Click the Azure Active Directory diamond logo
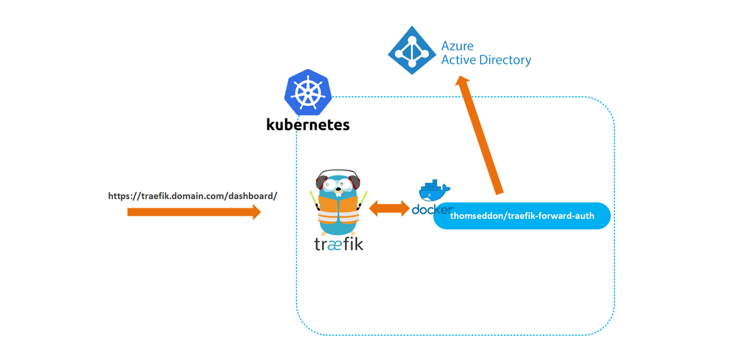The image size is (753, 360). point(411,51)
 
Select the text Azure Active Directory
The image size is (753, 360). point(486,53)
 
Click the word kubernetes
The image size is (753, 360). point(307,124)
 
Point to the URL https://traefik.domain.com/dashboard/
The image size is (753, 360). point(193,196)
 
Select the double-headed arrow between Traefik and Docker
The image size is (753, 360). point(389,208)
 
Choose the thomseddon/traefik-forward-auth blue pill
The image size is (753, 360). point(521,216)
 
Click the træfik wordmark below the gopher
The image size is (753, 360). point(338,243)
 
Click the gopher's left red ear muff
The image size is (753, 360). point(321,183)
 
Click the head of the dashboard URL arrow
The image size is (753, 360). point(256,212)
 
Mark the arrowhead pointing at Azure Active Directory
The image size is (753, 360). point(462,85)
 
